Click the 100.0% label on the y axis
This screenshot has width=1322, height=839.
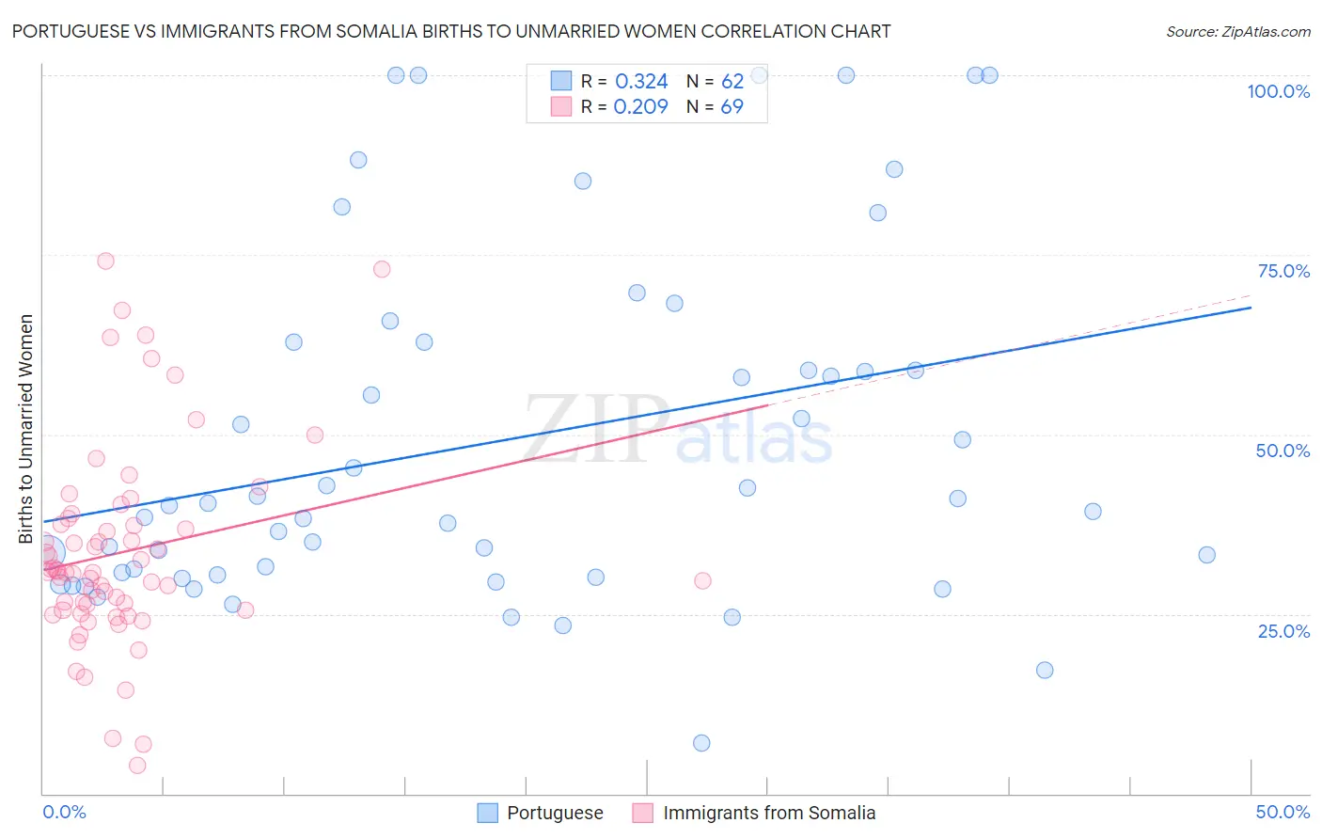pyautogui.click(x=1278, y=91)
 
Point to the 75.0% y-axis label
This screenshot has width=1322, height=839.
pyautogui.click(x=1283, y=271)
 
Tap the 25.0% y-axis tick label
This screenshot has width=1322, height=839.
pyautogui.click(x=1283, y=630)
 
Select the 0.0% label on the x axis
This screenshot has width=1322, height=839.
pyautogui.click(x=64, y=812)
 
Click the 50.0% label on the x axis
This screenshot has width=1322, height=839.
pyautogui.click(x=1283, y=812)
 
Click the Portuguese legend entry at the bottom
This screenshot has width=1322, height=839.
pyautogui.click(x=555, y=813)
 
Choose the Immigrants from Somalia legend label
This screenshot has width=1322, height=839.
pyautogui.click(x=768, y=813)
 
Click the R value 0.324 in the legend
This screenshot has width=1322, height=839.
pyautogui.click(x=641, y=82)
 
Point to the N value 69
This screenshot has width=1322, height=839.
pyautogui.click(x=732, y=107)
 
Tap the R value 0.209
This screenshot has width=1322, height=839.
pyautogui.click(x=640, y=107)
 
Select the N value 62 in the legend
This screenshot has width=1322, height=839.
pyautogui.click(x=732, y=82)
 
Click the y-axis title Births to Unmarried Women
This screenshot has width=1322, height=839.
pyautogui.click(x=26, y=429)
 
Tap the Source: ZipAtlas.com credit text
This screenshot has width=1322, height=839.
pyautogui.click(x=1237, y=31)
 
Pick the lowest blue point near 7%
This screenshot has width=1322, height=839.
pyautogui.click(x=701, y=743)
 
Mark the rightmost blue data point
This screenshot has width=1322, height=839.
pyautogui.click(x=1206, y=555)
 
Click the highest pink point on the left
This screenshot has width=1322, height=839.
pyautogui.click(x=105, y=261)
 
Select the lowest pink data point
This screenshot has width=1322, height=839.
pyautogui.click(x=137, y=766)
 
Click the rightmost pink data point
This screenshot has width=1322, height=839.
pyautogui.click(x=702, y=580)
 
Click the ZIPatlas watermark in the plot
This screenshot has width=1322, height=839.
pyautogui.click(x=677, y=430)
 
